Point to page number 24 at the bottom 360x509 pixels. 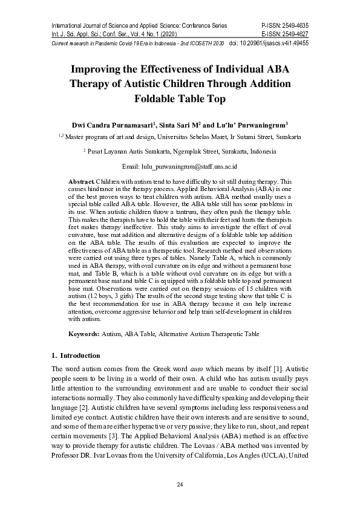(180, 485)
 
